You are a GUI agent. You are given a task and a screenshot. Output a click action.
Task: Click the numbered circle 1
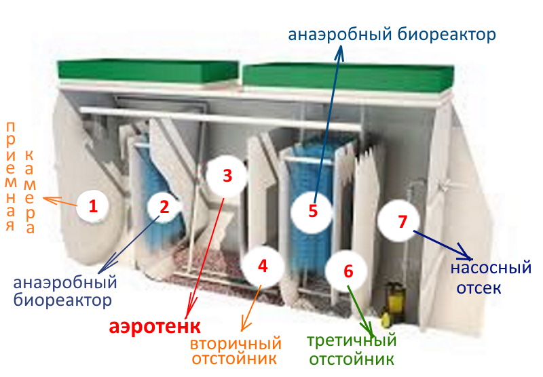tap(92, 206)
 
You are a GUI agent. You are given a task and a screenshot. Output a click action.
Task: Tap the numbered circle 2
tap(164, 206)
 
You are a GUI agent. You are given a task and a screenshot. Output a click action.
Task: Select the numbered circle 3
tap(227, 176)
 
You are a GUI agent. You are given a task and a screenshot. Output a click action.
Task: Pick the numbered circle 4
tap(263, 266)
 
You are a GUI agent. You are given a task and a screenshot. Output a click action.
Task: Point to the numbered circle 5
tap(312, 211)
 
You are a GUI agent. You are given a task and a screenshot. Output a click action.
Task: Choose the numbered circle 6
tap(348, 271)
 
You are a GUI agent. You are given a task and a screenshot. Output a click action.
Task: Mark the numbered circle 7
tap(402, 221)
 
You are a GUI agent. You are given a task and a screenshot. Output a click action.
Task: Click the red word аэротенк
tap(155, 326)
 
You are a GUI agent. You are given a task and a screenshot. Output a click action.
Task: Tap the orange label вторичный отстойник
tap(236, 351)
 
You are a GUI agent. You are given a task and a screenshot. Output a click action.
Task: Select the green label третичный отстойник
tap(352, 350)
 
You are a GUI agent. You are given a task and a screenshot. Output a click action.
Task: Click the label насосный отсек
tap(491, 278)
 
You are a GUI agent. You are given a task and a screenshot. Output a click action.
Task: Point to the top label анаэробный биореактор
tap(392, 35)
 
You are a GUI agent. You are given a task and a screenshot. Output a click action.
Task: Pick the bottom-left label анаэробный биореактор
tap(65, 291)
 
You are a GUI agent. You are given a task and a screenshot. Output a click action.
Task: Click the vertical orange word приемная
tap(11, 177)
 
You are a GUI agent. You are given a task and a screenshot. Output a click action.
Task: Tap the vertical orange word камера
tap(30, 193)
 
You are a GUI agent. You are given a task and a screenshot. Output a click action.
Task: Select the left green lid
tap(148, 71)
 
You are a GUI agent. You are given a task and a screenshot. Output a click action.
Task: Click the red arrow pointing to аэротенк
tap(205, 258)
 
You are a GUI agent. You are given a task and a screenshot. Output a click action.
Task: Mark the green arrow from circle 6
tap(360, 311)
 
